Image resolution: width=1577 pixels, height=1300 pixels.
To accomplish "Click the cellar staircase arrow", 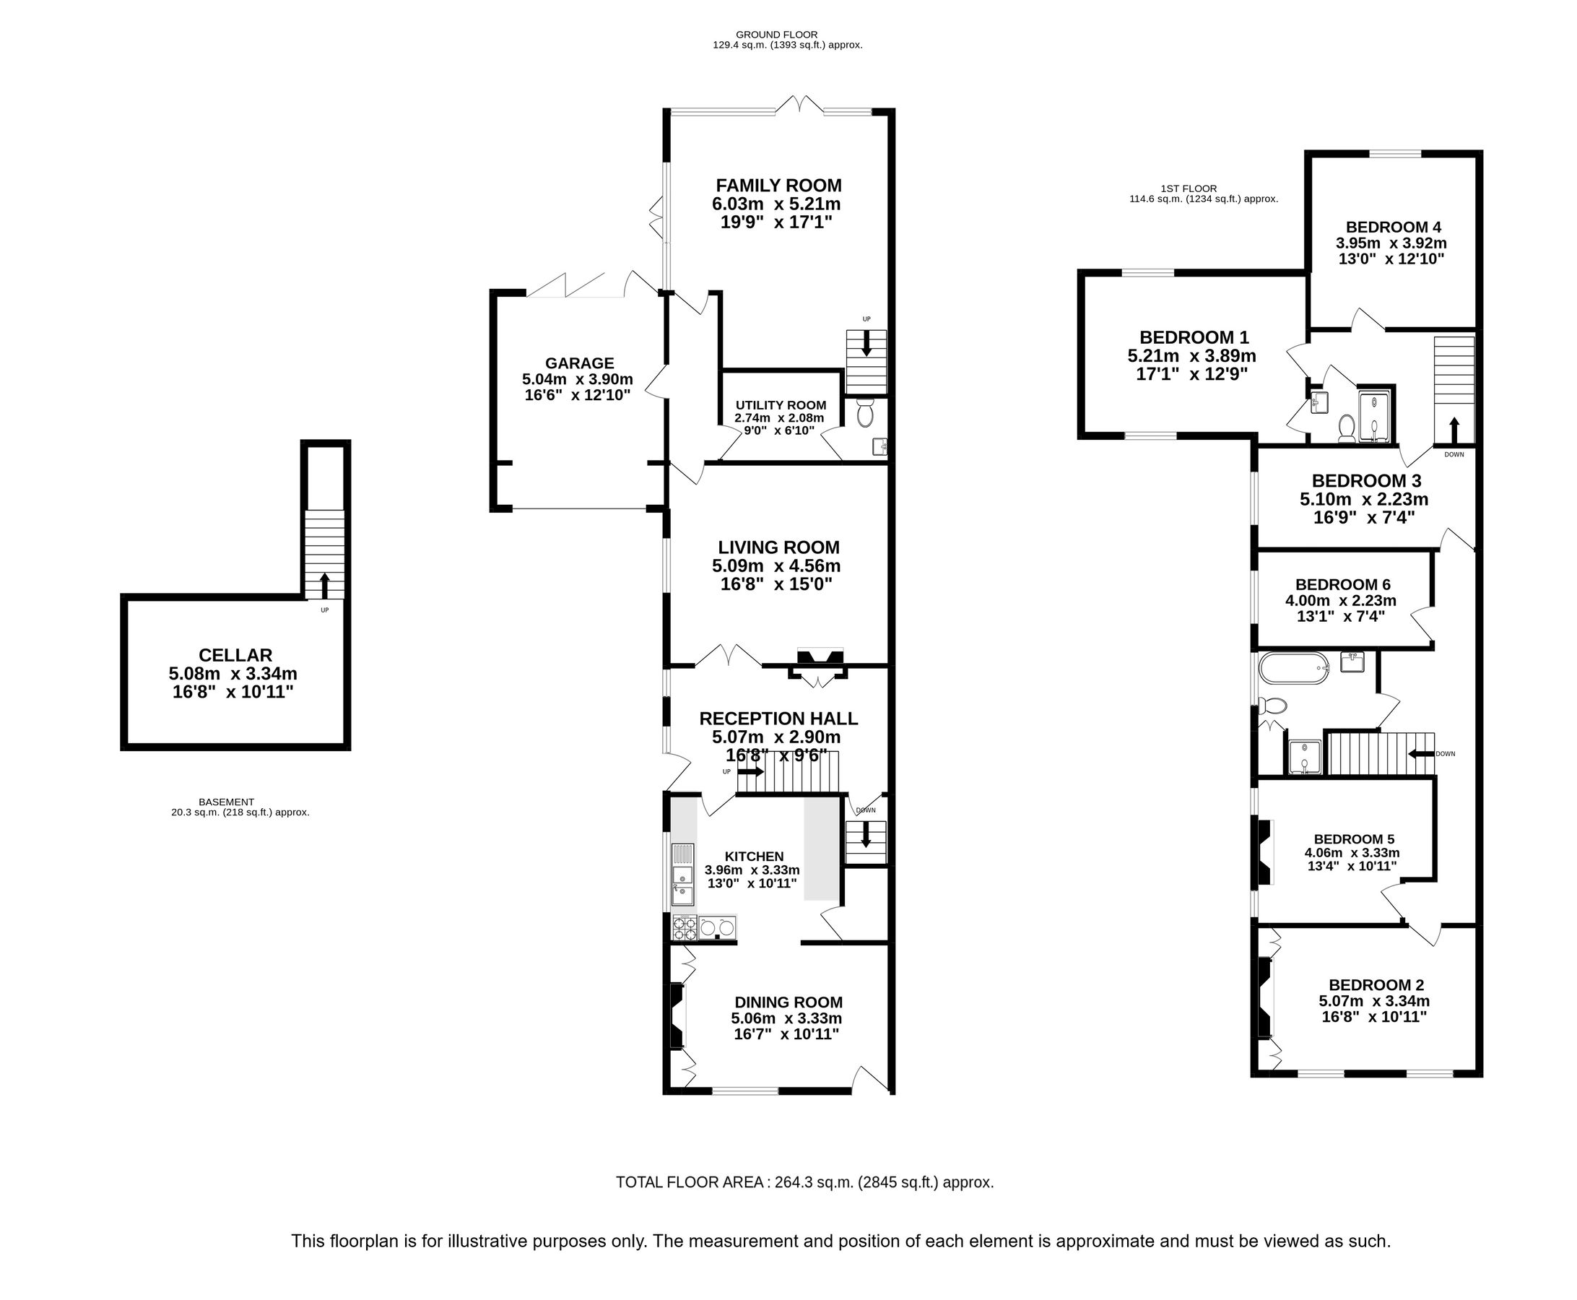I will (324, 585).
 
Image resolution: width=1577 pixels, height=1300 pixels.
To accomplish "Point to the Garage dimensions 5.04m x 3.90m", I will (578, 379).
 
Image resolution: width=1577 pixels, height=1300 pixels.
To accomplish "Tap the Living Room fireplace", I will (821, 658).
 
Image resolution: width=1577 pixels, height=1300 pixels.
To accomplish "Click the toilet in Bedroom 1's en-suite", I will (1346, 428).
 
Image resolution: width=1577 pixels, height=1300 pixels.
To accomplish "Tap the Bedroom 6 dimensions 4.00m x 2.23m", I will (1340, 601).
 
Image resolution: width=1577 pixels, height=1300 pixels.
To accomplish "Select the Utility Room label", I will (781, 405).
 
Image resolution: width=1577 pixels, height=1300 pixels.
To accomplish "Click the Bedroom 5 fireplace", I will (1264, 853).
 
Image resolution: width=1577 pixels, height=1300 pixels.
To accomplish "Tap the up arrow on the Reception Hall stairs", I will (750, 771).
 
